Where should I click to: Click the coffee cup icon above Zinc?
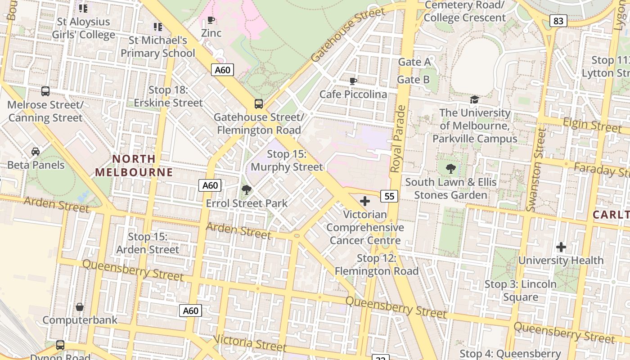(211, 20)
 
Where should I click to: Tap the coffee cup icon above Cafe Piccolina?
(353, 81)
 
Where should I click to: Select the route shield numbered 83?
(558, 21)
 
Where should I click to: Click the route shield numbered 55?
(390, 196)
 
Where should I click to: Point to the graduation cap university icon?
(474, 99)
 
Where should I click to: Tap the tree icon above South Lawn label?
(450, 169)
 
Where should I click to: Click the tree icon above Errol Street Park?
(246, 190)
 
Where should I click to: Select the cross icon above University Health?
(561, 247)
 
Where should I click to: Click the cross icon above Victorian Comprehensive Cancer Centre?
(365, 201)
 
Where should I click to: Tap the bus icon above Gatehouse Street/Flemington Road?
(258, 104)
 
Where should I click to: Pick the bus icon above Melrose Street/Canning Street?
(45, 91)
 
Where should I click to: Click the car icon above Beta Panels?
(36, 152)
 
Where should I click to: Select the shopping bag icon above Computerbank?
(80, 307)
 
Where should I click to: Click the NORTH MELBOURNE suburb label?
(134, 165)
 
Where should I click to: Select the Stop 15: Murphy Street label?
(287, 161)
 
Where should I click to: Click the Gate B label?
(413, 80)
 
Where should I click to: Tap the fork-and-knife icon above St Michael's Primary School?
(157, 27)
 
